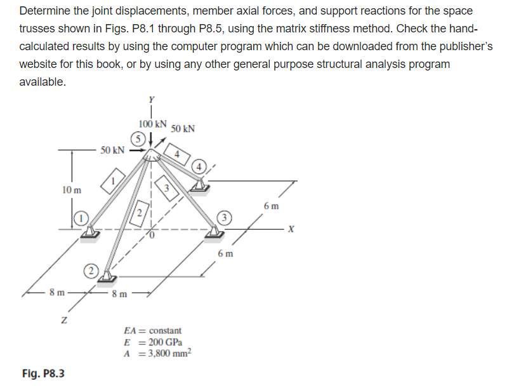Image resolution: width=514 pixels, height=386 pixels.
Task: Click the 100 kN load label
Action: point(152,123)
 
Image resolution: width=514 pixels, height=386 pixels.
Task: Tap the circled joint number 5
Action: point(137,138)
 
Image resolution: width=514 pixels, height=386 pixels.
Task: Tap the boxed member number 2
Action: point(139,213)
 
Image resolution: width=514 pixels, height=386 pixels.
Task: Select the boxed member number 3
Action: point(166,188)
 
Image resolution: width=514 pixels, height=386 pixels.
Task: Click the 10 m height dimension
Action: point(71,189)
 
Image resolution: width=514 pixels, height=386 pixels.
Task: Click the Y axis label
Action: point(151,98)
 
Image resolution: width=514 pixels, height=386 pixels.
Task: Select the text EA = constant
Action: point(152,330)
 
